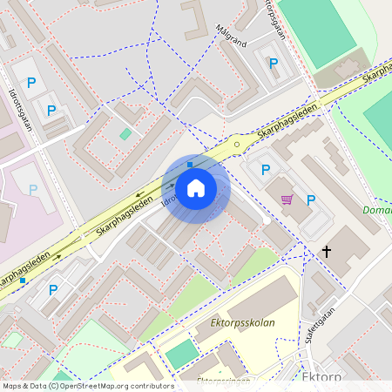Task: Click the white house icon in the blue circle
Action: (x=196, y=187)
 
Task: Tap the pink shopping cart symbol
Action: (x=287, y=199)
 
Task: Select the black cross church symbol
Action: (x=328, y=253)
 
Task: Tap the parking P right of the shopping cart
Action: (x=311, y=200)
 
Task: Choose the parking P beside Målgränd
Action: (x=274, y=63)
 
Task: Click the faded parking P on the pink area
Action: (x=33, y=189)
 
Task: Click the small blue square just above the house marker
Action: (x=190, y=163)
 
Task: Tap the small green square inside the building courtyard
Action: (x=125, y=134)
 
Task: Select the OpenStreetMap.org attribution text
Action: (x=113, y=385)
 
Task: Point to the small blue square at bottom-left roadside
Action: (x=23, y=280)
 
